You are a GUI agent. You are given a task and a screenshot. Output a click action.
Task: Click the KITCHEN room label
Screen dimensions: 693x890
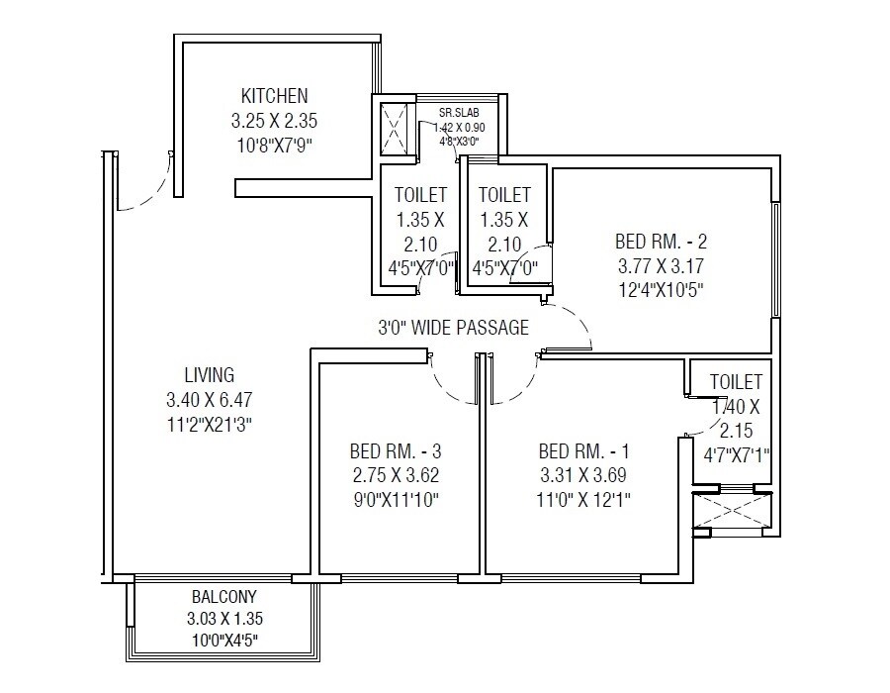(x=274, y=96)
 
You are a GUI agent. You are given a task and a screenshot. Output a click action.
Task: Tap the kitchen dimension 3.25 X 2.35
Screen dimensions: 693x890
(x=274, y=122)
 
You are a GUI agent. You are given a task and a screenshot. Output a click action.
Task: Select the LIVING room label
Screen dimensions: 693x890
(x=209, y=375)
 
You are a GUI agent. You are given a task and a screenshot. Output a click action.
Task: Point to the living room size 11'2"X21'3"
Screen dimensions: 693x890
(x=210, y=426)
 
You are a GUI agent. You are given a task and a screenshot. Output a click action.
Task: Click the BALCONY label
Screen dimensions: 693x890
(x=224, y=597)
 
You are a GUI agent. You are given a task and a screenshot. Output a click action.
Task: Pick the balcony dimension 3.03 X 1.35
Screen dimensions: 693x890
(x=224, y=619)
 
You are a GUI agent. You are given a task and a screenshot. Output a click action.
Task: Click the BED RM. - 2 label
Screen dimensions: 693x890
(x=661, y=241)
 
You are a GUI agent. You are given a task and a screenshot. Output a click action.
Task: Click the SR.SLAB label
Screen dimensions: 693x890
(x=460, y=112)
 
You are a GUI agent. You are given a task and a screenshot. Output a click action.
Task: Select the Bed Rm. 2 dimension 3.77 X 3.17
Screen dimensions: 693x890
(x=661, y=265)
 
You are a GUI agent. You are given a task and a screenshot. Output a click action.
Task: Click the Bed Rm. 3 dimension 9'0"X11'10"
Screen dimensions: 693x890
(x=394, y=500)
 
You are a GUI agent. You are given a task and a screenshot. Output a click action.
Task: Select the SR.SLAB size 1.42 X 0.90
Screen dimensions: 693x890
(x=462, y=127)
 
